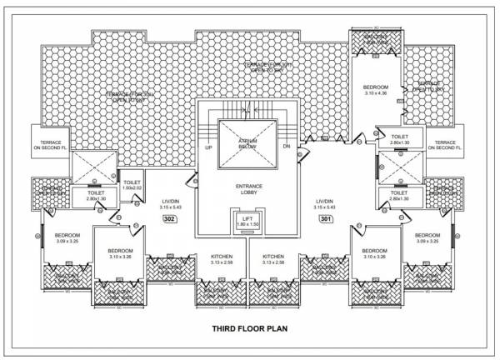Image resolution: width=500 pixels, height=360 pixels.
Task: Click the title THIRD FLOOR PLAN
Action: click(250, 327)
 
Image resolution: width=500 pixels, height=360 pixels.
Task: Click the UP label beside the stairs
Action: click(209, 147)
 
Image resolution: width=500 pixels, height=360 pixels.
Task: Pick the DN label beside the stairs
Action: click(286, 147)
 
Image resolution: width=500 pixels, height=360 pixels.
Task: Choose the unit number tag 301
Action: click(327, 218)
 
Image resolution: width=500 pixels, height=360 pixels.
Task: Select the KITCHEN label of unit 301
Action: click(274, 256)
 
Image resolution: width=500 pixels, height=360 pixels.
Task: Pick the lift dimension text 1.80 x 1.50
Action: click(247, 226)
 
